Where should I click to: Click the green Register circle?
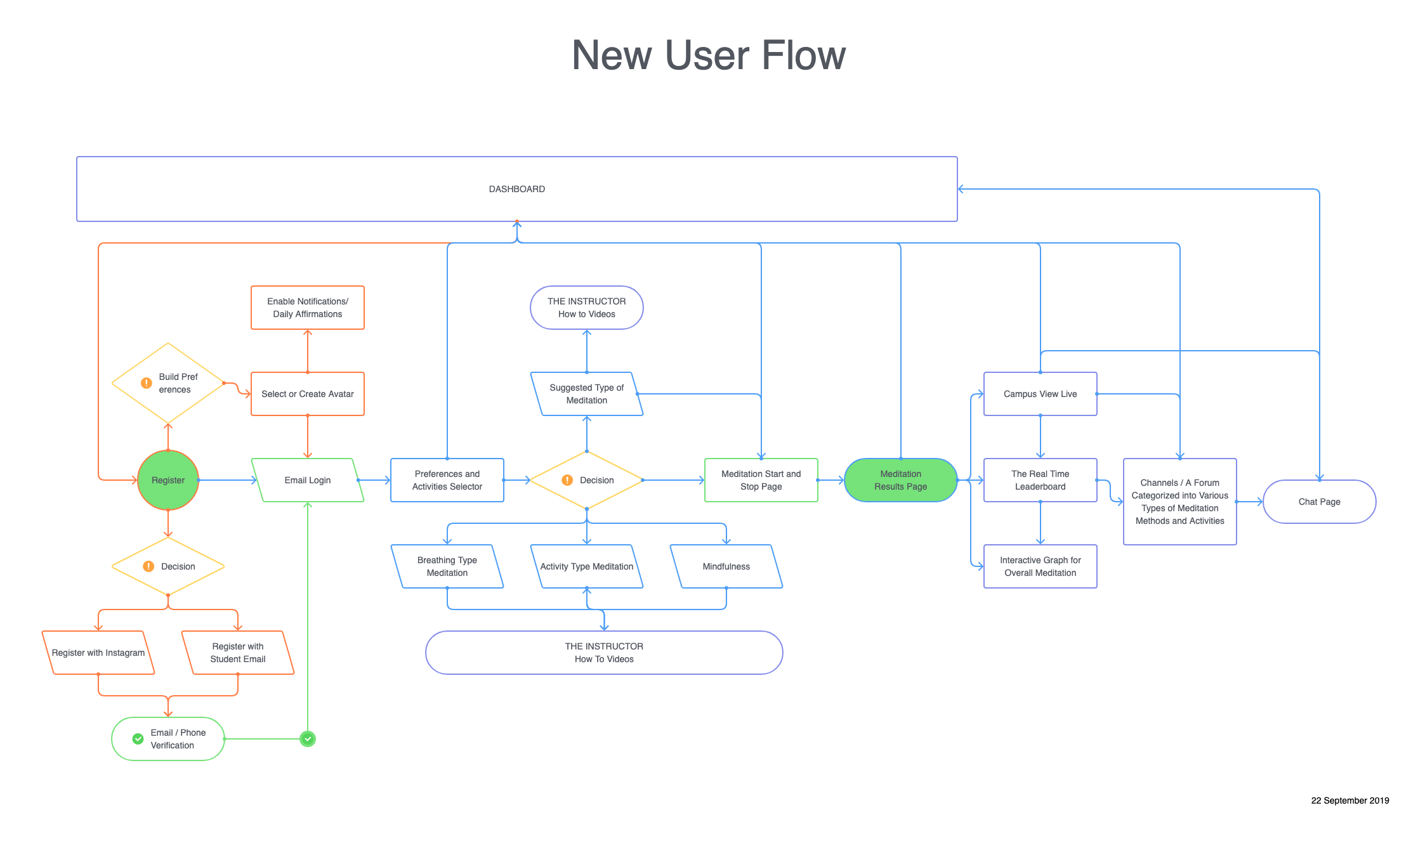click(x=168, y=480)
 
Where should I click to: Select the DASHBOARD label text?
click(x=516, y=189)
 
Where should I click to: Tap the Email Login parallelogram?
click(x=308, y=480)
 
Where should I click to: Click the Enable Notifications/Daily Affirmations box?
click(x=308, y=308)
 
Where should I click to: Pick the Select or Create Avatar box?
click(x=308, y=394)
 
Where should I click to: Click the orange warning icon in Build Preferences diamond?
click(x=147, y=383)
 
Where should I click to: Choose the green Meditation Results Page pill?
click(x=900, y=480)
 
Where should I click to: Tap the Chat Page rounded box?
click(x=1319, y=502)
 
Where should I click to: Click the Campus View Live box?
click(x=1040, y=394)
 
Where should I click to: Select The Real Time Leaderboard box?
click(x=1040, y=480)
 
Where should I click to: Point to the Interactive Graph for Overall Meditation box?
click(x=1040, y=566)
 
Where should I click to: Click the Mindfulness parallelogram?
click(x=726, y=566)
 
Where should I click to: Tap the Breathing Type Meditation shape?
click(x=447, y=566)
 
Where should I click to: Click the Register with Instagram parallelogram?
click(x=98, y=653)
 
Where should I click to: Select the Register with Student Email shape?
click(x=238, y=653)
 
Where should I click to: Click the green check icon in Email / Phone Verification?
click(x=138, y=739)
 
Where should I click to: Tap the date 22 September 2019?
click(x=1349, y=800)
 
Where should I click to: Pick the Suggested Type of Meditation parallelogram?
click(x=587, y=394)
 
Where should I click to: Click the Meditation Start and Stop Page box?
click(x=761, y=480)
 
